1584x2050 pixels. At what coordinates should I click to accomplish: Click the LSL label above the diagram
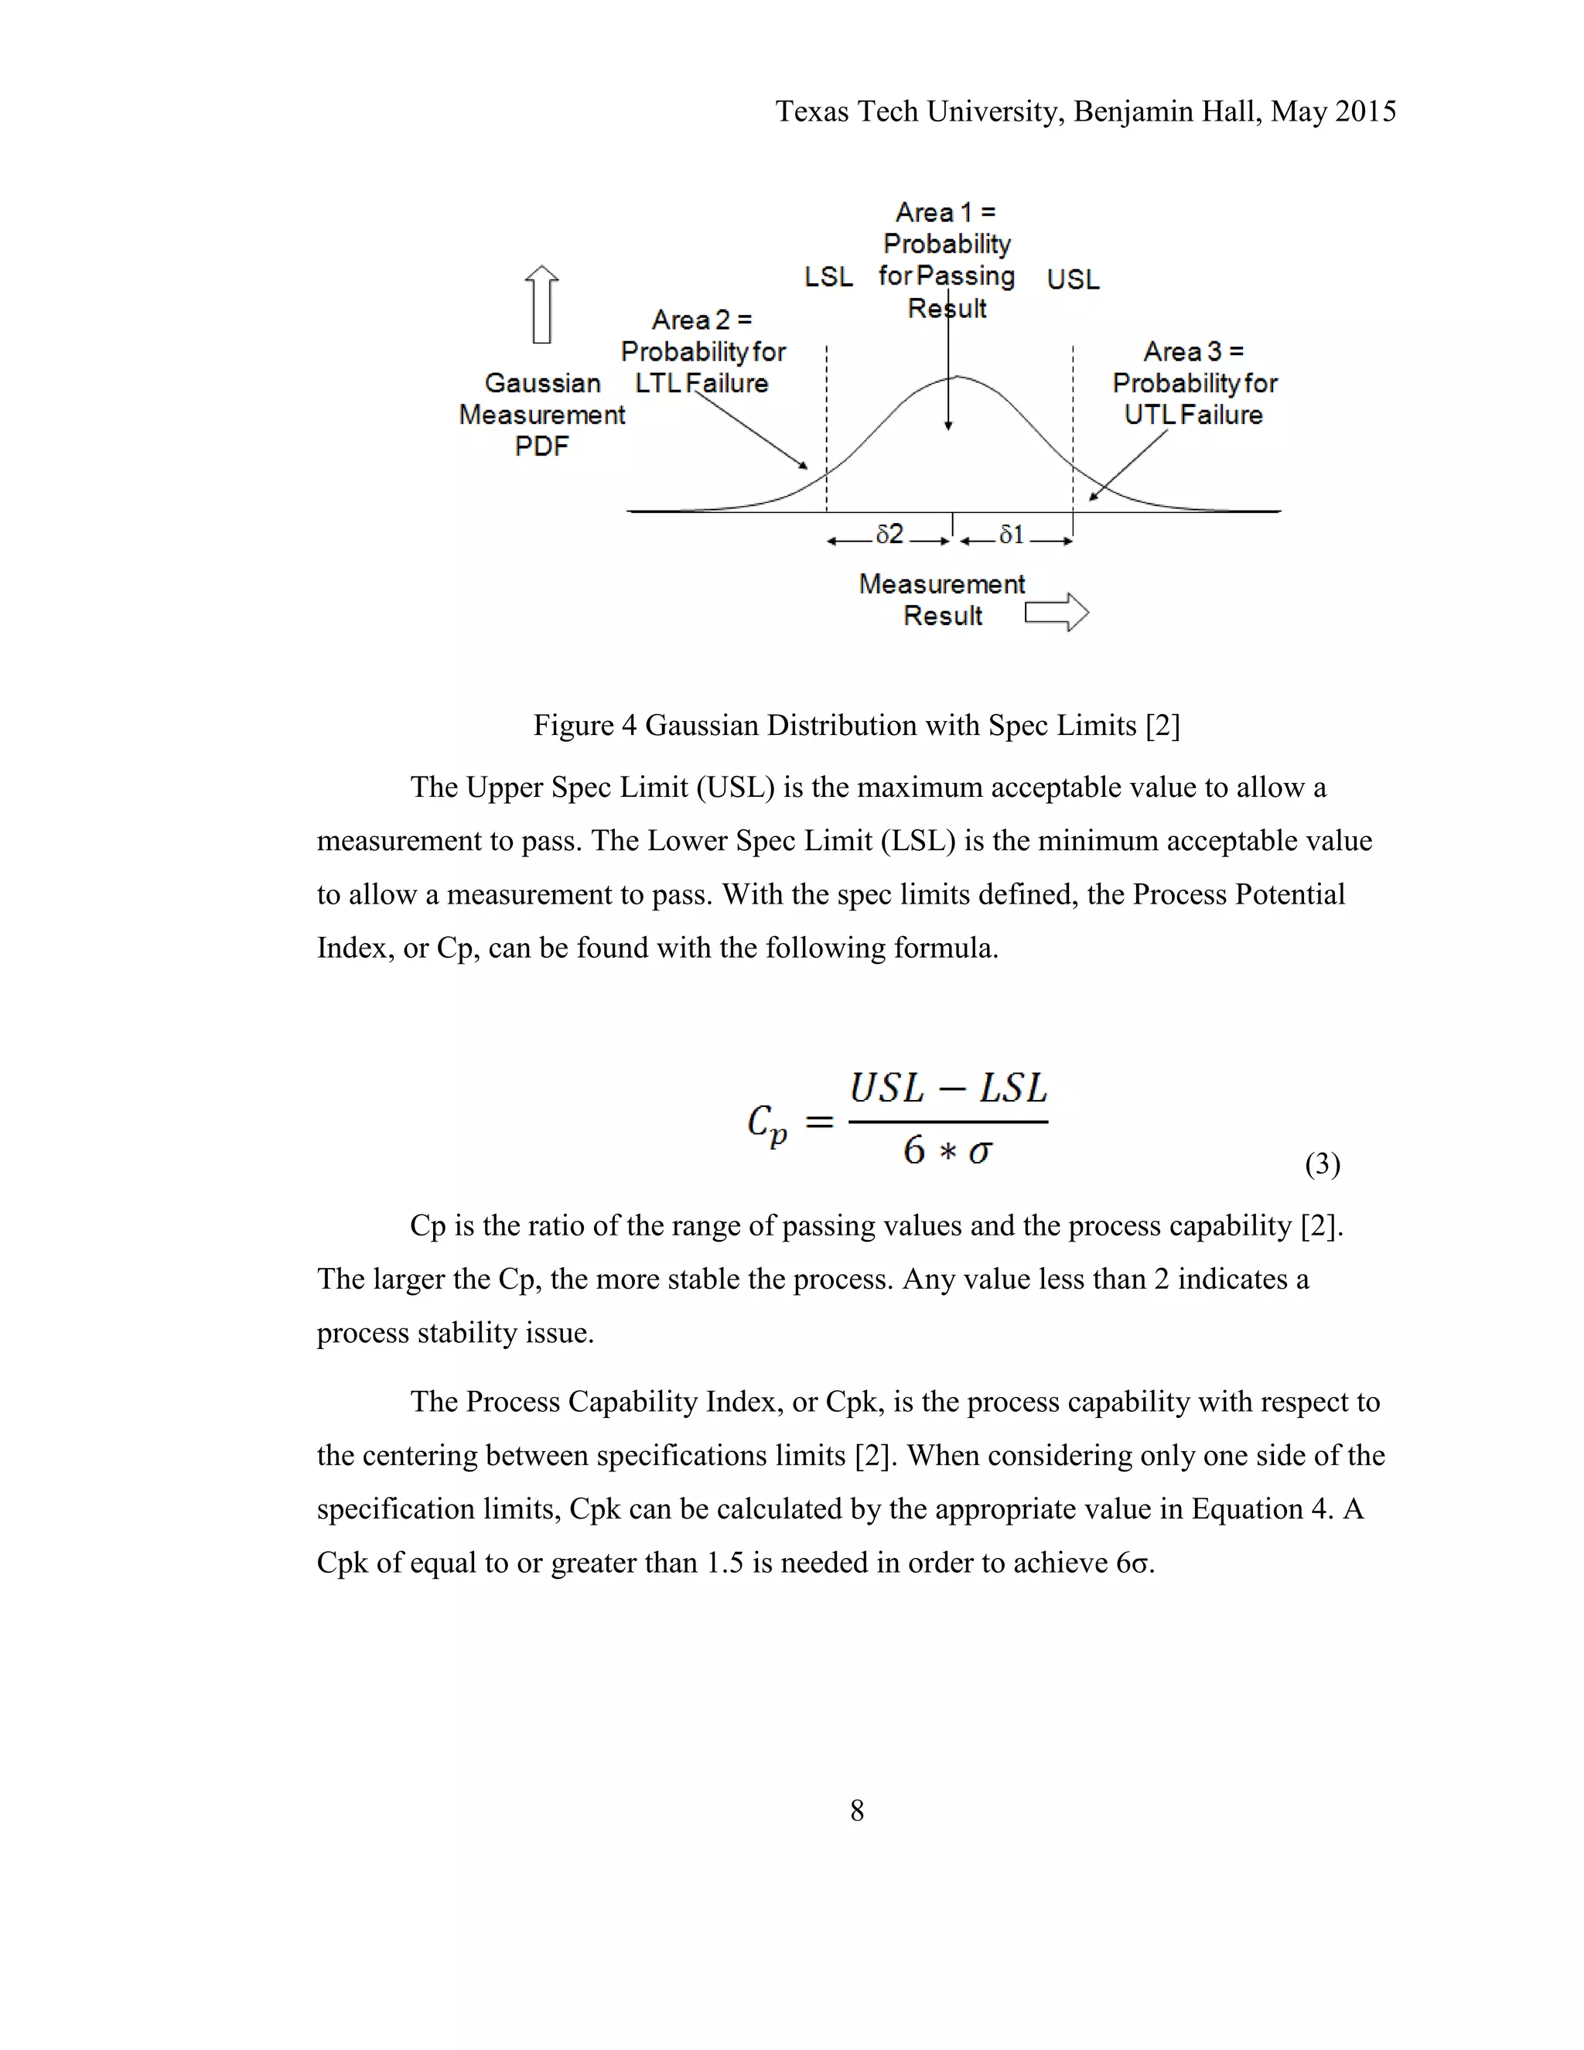828,277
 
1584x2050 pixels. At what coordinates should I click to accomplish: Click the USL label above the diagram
1073,280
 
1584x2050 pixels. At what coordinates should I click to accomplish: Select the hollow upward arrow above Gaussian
541,304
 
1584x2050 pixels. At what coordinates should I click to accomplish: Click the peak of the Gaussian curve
954,378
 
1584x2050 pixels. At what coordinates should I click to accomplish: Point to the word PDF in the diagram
541,447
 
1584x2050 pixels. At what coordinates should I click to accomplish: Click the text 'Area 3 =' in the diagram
1193,352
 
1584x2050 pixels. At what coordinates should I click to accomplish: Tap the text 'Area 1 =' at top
945,212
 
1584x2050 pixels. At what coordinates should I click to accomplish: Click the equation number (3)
1322,1164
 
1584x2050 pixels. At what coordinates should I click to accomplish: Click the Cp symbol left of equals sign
766,1123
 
